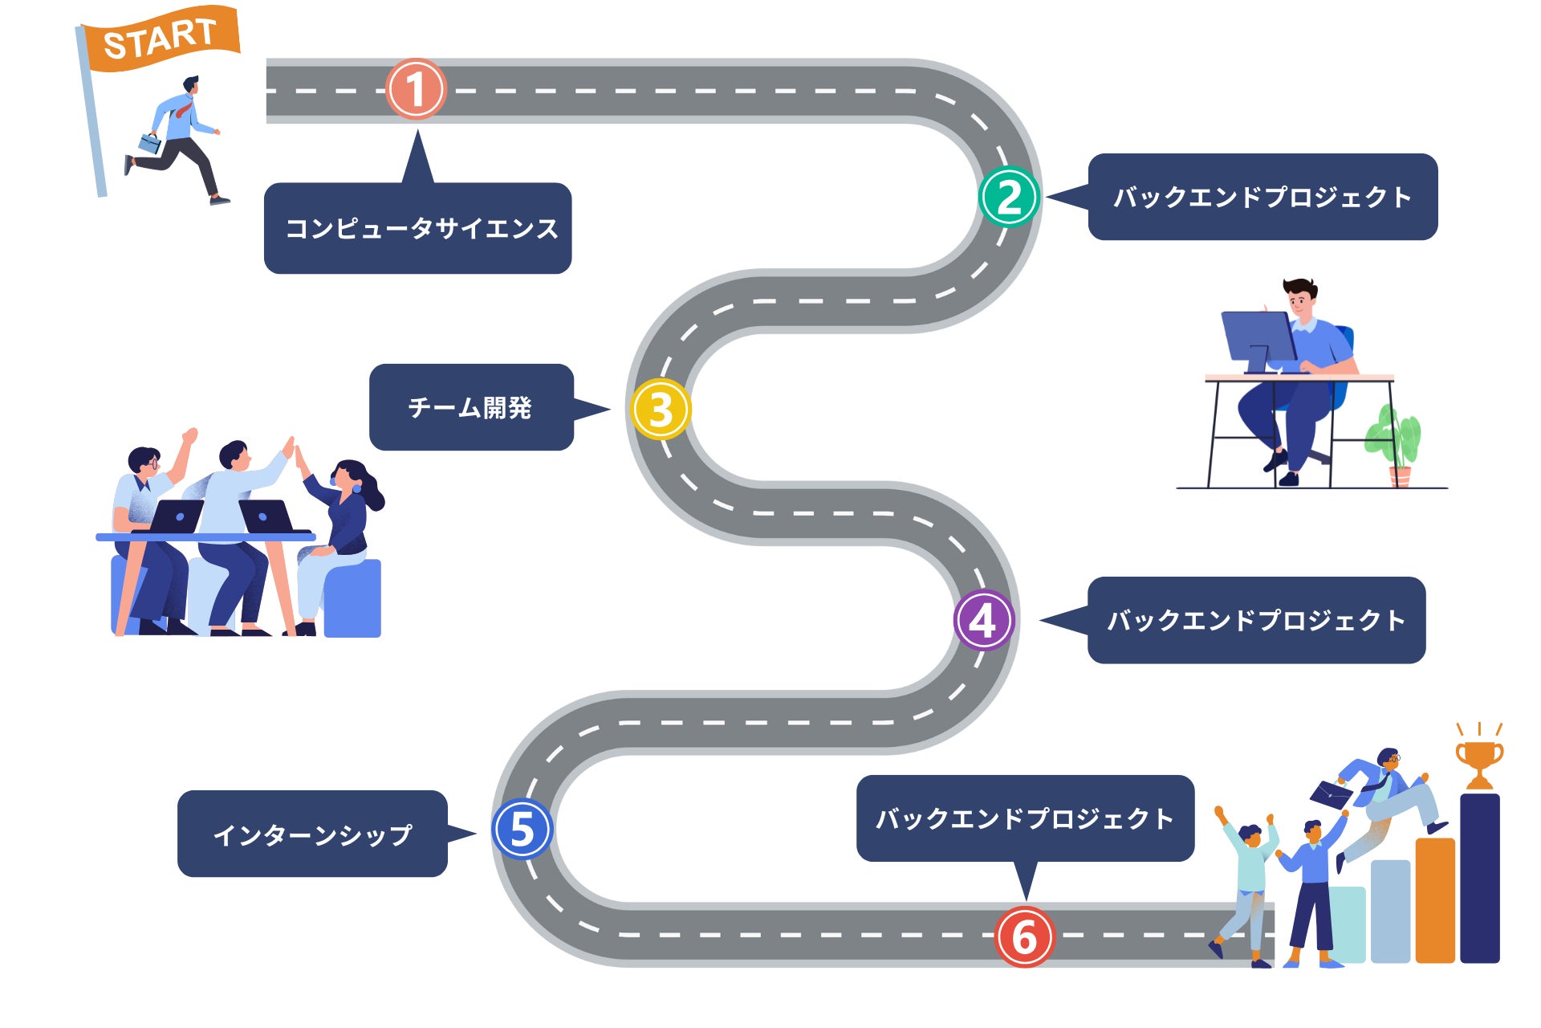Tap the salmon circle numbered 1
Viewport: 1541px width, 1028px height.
(x=415, y=89)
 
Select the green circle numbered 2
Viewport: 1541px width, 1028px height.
(x=1009, y=197)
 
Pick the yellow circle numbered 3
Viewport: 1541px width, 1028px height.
(x=661, y=409)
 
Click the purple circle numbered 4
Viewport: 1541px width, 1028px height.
(x=984, y=620)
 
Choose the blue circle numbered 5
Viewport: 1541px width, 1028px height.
(x=522, y=830)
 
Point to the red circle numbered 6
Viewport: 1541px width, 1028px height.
(x=1023, y=937)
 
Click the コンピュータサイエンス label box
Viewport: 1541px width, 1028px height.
(x=417, y=229)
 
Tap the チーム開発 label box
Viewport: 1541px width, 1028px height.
(x=471, y=408)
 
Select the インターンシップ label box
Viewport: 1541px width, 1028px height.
(x=312, y=834)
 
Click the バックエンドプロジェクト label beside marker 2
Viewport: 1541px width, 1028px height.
(x=1262, y=197)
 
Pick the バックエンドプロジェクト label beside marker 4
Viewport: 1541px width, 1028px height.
(x=1256, y=620)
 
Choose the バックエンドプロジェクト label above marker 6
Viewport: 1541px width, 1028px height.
(x=1025, y=819)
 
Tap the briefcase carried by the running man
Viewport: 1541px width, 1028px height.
(x=150, y=144)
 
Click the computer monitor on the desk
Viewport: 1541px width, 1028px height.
(x=1258, y=337)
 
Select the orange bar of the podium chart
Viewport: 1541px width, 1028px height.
(x=1435, y=899)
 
